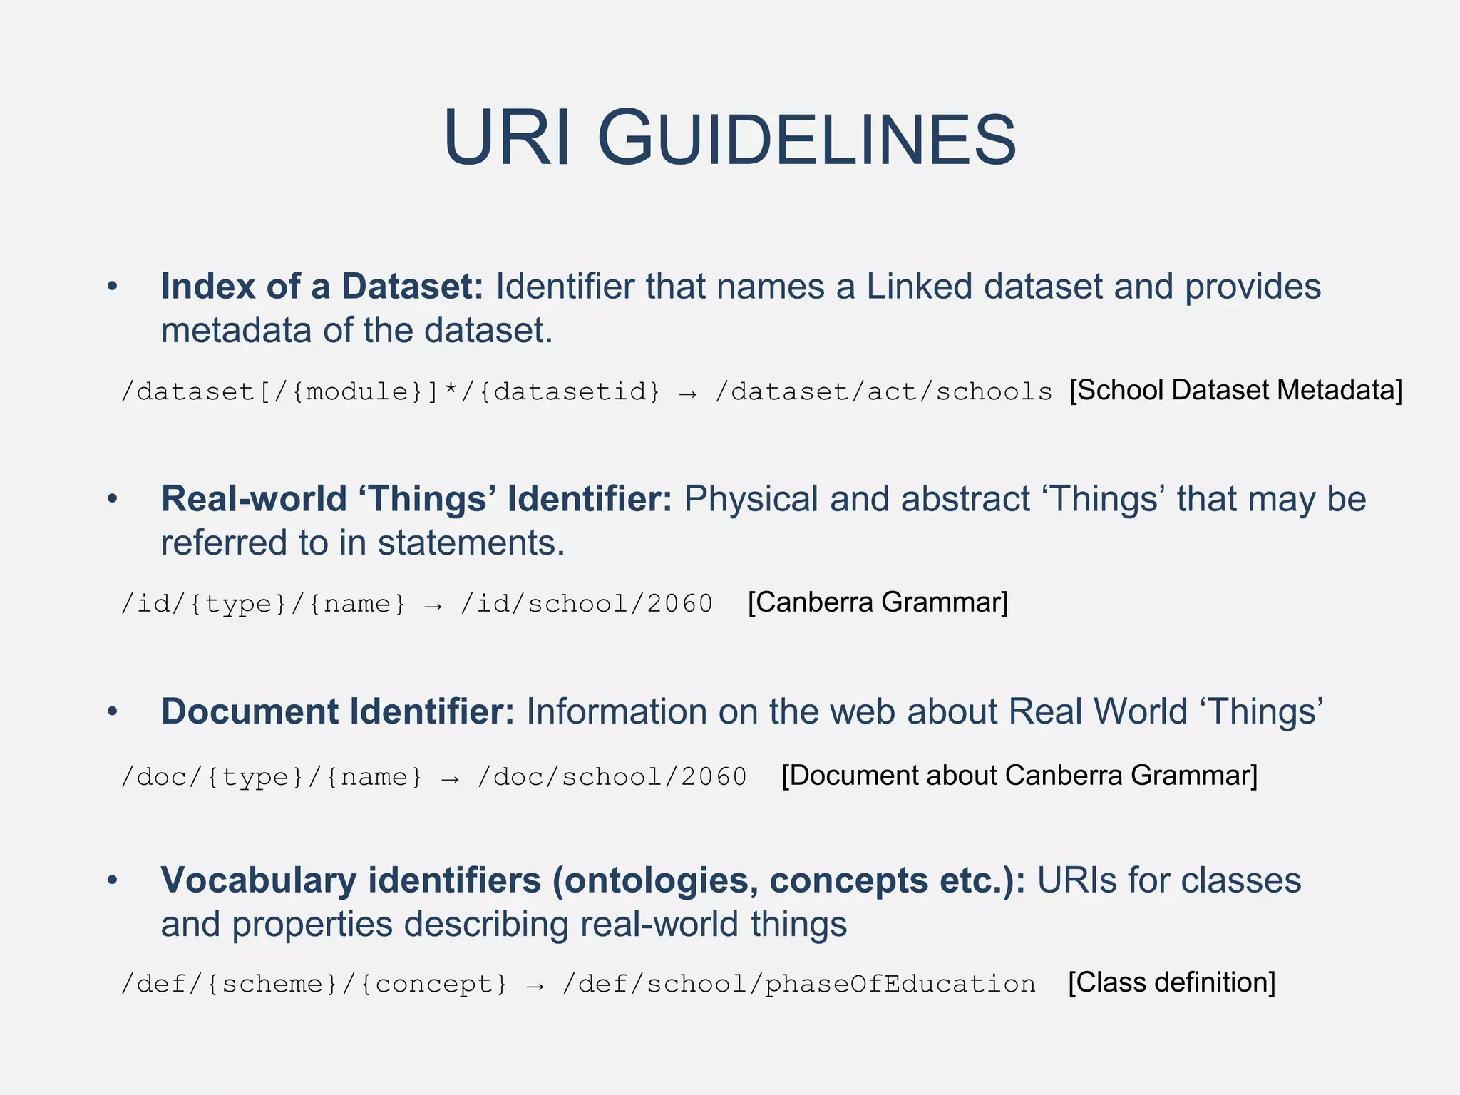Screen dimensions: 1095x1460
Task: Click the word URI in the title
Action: coord(507,139)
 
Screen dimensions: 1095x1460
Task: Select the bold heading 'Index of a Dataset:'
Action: coord(322,287)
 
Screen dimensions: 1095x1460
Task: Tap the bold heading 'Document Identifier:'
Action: coord(337,711)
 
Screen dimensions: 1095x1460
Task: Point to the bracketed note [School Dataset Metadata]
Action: coord(1235,390)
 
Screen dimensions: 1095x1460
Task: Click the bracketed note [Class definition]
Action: coord(1171,982)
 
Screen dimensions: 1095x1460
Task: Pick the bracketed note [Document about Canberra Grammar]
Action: coord(1019,776)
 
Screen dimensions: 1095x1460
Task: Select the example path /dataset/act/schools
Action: coord(883,391)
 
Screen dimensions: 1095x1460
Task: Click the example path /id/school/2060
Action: coord(587,604)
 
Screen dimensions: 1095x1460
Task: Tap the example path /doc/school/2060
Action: coord(612,777)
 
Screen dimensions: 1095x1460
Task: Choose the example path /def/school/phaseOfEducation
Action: coord(798,984)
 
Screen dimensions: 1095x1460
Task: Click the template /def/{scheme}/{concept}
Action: coord(314,984)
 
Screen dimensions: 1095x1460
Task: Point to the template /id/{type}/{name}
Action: coord(263,604)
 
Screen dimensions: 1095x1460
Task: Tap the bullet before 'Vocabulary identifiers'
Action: coord(112,880)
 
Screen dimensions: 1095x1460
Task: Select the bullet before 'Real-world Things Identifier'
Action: coord(112,499)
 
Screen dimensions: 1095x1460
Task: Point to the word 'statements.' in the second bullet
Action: coord(471,543)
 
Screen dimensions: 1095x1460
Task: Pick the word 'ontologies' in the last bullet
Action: coord(655,880)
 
